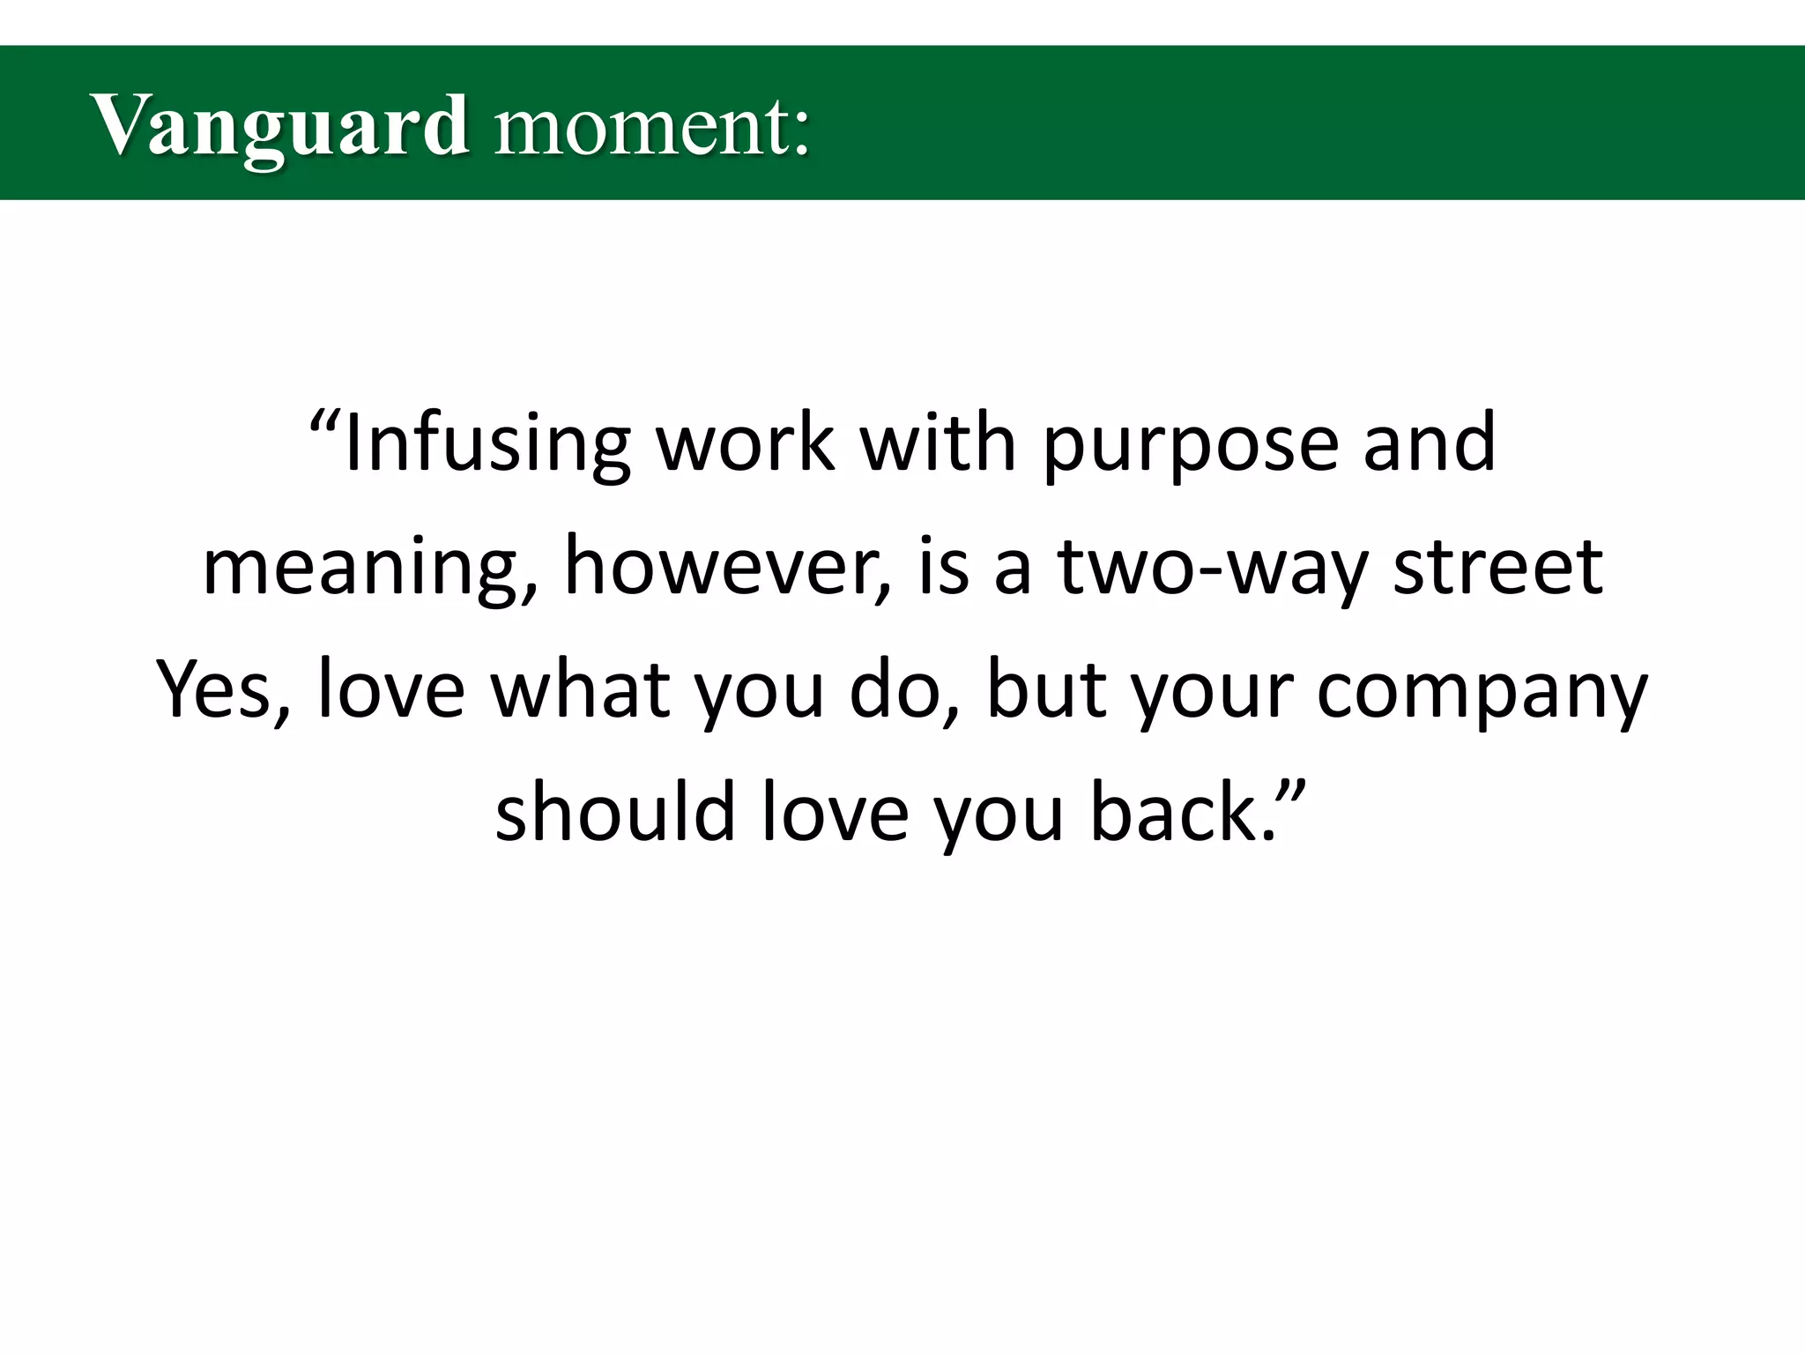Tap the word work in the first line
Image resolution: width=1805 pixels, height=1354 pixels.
click(746, 443)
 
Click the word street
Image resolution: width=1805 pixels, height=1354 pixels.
click(1497, 567)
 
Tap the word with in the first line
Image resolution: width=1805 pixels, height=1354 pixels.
click(939, 443)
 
